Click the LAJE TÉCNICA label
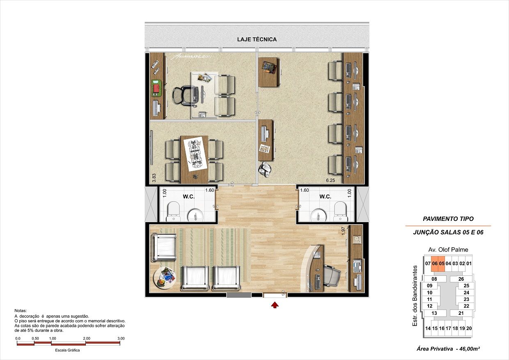click(x=257, y=39)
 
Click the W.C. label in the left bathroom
click(x=188, y=197)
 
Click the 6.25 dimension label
click(x=330, y=180)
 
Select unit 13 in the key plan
click(x=434, y=313)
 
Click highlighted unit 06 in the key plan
click(x=435, y=264)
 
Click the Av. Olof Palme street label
click(x=448, y=250)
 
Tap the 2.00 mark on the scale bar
click(x=87, y=338)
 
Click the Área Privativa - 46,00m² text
click(x=448, y=349)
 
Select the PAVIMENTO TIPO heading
click(x=448, y=219)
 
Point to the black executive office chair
click(x=183, y=95)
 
